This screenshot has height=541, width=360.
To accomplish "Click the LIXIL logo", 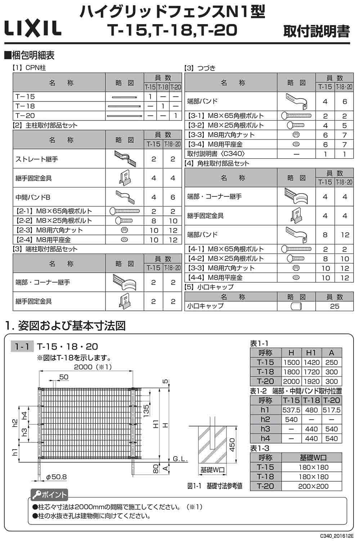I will [33, 28].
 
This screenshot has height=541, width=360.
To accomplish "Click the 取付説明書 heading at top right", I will [316, 31].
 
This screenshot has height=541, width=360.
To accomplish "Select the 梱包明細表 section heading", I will [29, 55].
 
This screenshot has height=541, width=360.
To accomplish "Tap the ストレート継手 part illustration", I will [125, 158].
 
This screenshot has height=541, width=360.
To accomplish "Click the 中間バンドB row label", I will [33, 197].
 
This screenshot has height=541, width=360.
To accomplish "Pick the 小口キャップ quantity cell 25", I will [334, 306].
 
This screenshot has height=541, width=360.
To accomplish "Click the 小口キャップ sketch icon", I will [296, 306].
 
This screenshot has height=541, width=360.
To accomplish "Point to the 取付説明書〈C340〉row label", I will [216, 154].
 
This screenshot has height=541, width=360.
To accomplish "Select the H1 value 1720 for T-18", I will [311, 372].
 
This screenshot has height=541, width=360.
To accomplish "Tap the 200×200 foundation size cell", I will [313, 486].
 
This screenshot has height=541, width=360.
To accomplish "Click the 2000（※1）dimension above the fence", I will [93, 367].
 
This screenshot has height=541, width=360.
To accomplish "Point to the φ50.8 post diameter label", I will [57, 477].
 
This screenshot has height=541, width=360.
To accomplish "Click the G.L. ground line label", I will [180, 459].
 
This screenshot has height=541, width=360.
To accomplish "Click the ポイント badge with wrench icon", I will [49, 495].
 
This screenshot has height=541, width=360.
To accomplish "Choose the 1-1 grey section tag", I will [22, 346].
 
